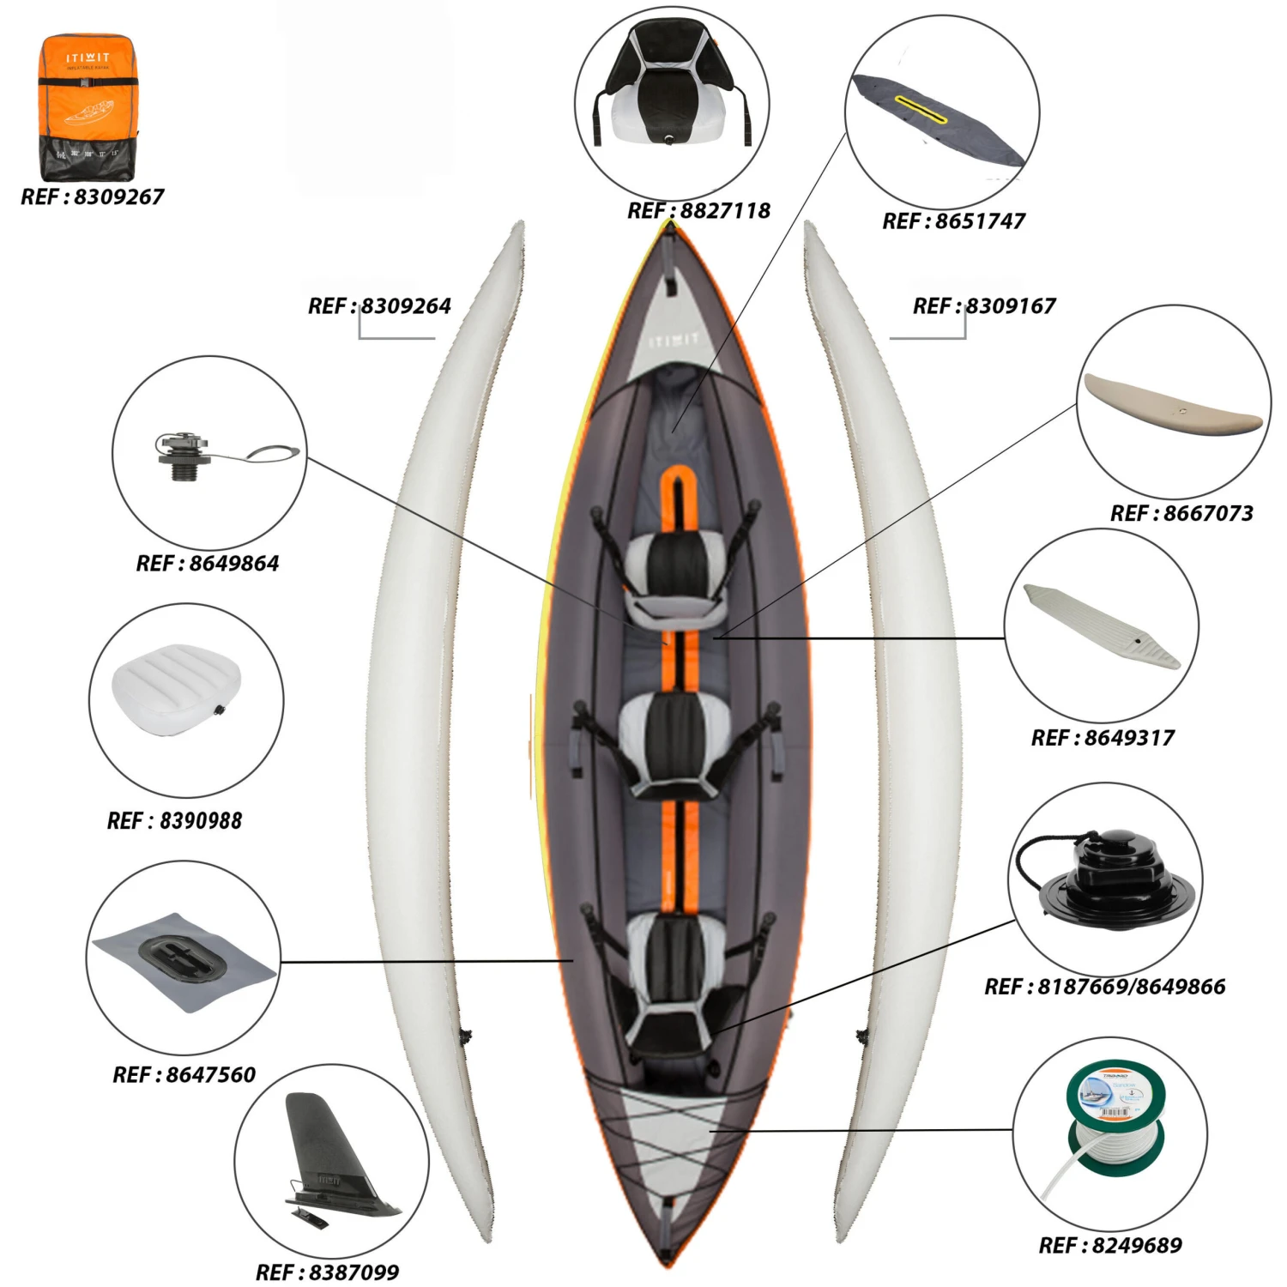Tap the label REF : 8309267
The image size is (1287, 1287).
pos(92,197)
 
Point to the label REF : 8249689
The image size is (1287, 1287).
pos(1110,1246)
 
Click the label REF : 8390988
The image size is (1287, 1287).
pos(174,821)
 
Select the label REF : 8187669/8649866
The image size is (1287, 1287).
pos(1104,987)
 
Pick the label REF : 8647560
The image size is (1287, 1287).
pos(184,1075)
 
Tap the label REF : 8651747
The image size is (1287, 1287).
pos(953,221)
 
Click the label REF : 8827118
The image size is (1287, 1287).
pos(698,211)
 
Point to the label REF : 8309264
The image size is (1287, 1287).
pos(379,306)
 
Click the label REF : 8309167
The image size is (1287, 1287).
pos(984,306)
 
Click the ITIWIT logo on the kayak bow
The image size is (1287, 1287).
pos(674,341)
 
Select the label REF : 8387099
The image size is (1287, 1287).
pos(327,1272)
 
